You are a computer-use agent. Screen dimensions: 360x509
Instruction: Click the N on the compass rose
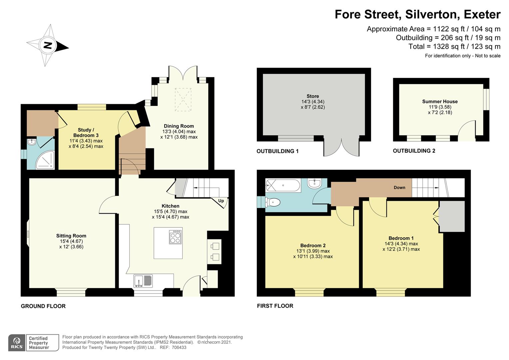point(48,45)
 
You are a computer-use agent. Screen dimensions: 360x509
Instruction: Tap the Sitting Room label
point(71,236)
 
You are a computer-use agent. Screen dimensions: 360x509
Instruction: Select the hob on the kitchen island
point(175,237)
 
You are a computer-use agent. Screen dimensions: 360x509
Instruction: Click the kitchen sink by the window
point(143,281)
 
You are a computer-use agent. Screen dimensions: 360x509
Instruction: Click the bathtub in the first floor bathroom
point(283,185)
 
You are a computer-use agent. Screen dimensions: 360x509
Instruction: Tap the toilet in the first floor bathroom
point(273,202)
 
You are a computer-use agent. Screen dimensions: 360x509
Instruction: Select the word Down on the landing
point(399,187)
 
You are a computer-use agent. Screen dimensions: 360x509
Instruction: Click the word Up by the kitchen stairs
point(221,201)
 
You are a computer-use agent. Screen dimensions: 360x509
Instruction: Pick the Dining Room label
point(179,126)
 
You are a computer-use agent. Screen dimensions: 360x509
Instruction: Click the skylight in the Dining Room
point(184,99)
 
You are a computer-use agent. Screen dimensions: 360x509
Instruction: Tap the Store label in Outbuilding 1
point(312,96)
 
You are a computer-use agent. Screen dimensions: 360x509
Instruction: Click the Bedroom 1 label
point(401,238)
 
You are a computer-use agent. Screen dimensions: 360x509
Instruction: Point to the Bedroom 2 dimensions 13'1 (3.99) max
point(313,251)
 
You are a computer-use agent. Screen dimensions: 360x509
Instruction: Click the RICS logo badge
point(17,343)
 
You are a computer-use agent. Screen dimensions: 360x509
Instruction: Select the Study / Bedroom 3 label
point(86,133)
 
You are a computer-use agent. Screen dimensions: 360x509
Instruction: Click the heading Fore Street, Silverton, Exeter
point(417,14)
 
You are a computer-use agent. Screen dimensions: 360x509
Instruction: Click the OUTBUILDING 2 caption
point(414,151)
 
